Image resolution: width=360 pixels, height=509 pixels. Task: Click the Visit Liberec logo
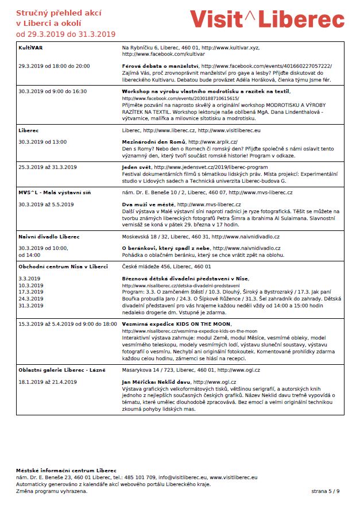tap(267, 19)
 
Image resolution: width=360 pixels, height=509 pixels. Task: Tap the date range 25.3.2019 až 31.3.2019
tap(48, 167)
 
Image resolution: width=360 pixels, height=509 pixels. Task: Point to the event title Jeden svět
tap(137, 167)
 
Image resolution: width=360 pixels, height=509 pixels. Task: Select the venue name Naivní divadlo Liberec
tap(49, 237)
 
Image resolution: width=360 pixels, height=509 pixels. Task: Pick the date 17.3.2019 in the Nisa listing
tap(30, 292)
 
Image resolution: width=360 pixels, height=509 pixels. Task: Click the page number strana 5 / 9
tap(326, 491)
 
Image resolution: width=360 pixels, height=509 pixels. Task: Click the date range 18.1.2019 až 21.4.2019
tap(48, 381)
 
